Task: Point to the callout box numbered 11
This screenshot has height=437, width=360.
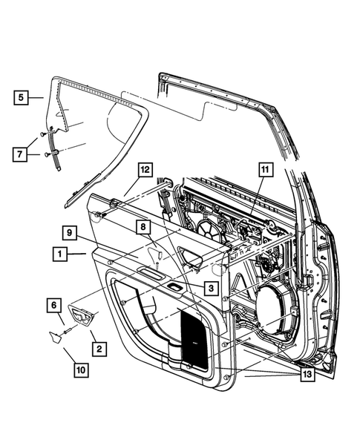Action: pos(264,171)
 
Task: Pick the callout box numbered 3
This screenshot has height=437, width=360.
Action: pos(212,286)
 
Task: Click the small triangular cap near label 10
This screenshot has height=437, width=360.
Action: pos(55,335)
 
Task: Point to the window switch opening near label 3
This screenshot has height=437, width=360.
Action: pos(177,286)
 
